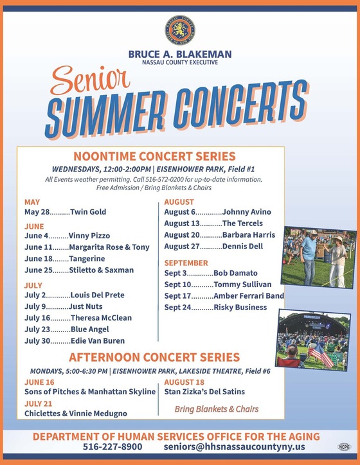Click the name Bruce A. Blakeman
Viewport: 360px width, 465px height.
180,55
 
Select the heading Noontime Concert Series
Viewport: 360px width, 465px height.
154,156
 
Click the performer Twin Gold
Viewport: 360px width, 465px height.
88,212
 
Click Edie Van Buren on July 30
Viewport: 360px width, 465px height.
97,340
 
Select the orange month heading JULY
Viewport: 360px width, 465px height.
33,285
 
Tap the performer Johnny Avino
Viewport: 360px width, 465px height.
246,212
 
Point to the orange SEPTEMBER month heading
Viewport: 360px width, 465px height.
186,263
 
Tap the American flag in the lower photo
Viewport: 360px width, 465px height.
321,353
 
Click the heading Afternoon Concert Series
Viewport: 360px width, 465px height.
154,357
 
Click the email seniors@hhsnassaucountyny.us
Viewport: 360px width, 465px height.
234,446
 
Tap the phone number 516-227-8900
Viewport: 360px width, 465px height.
113,446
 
